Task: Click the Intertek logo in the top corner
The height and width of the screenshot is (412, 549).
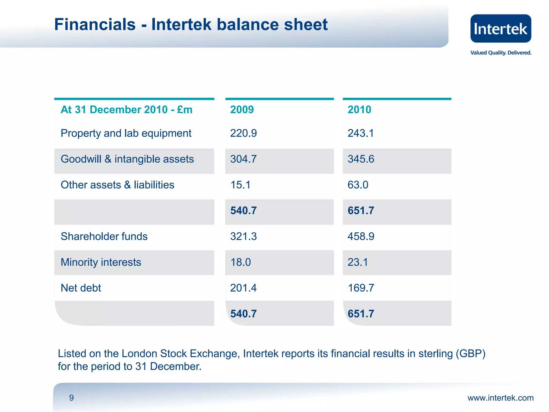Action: pyautogui.click(x=500, y=29)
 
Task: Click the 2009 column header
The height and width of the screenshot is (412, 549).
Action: pyautogui.click(x=242, y=110)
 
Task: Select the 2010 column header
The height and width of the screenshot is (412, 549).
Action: pyautogui.click(x=359, y=110)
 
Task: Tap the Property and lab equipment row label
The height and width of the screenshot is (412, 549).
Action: pyautogui.click(x=126, y=133)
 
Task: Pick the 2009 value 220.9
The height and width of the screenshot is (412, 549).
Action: pyautogui.click(x=243, y=133)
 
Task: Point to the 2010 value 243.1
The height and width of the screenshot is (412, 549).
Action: pyautogui.click(x=361, y=133)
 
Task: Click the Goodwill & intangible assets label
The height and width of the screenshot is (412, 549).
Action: pyautogui.click(x=127, y=159)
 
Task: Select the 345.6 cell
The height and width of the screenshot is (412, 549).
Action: pyautogui.click(x=361, y=159)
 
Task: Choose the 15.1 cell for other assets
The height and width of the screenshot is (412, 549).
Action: pyautogui.click(x=240, y=185)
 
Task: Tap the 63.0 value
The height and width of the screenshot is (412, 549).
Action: pyautogui.click(x=358, y=185)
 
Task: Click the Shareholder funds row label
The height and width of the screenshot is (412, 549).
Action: pyautogui.click(x=104, y=236)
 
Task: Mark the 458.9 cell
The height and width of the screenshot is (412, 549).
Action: pyautogui.click(x=361, y=236)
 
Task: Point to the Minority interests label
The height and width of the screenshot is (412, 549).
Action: pyautogui.click(x=101, y=262)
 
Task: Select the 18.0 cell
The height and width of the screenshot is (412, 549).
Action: pyautogui.click(x=240, y=262)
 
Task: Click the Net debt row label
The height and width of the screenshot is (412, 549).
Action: pyautogui.click(x=81, y=288)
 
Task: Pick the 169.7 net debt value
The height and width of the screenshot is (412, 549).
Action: pyautogui.click(x=361, y=288)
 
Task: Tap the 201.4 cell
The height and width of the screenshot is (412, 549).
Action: pyautogui.click(x=243, y=288)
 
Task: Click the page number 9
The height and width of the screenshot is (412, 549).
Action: pyautogui.click(x=71, y=398)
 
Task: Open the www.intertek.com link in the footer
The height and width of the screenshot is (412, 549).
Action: pyautogui.click(x=500, y=398)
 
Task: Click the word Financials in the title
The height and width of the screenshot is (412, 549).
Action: pyautogui.click(x=95, y=25)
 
